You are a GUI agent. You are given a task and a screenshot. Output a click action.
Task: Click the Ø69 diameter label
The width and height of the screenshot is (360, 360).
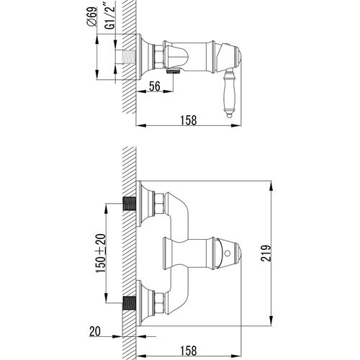(92, 17)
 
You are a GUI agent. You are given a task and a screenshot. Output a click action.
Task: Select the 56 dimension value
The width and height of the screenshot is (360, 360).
(155, 86)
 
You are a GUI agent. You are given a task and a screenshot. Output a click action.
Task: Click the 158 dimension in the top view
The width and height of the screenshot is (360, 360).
(189, 120)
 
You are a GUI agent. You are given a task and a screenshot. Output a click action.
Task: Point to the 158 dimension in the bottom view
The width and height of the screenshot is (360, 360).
(189, 351)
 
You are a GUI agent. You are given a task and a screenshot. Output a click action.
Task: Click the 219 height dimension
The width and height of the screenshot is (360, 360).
(266, 253)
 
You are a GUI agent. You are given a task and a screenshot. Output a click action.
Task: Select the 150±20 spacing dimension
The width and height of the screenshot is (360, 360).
(101, 253)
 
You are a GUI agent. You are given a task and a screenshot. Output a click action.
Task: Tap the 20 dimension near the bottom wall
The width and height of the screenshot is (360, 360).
(95, 332)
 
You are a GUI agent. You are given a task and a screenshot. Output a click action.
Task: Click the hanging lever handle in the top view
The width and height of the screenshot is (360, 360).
(229, 94)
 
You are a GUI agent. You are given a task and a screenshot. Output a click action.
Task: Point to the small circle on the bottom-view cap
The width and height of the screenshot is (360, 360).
(228, 253)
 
